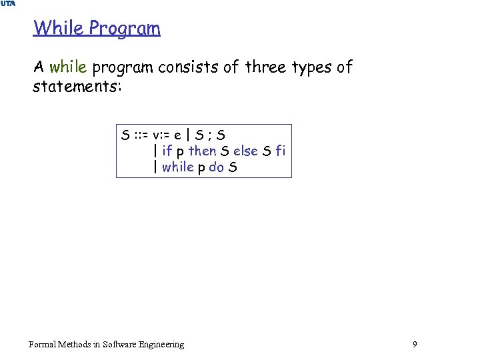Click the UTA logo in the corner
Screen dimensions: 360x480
coord(8,4)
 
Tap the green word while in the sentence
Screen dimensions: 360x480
coord(68,67)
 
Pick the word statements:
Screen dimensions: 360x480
coord(77,87)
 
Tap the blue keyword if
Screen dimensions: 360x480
coord(167,151)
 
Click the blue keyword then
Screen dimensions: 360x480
coord(202,151)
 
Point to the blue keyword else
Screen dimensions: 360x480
coord(246,151)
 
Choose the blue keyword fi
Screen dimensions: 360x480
coord(281,151)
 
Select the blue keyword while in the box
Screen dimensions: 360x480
coord(177,167)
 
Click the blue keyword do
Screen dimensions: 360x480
coord(216,167)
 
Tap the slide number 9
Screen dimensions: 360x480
coord(415,345)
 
